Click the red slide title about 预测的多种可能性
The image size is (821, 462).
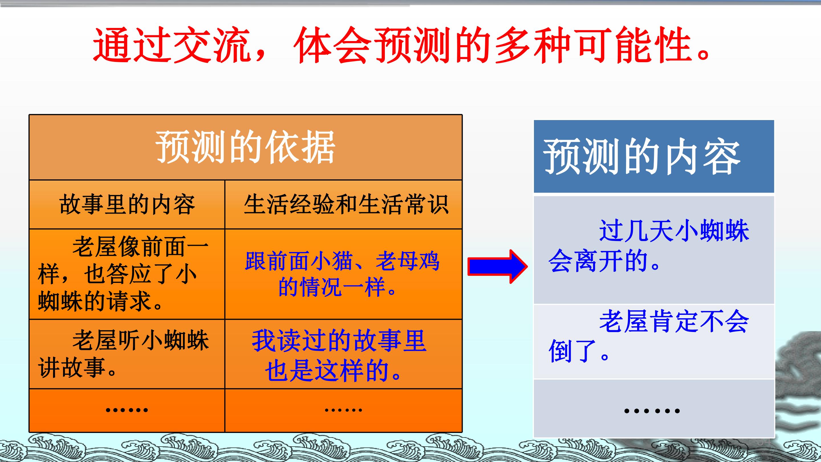pyautogui.click(x=402, y=45)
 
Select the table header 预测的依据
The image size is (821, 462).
pyautogui.click(x=245, y=148)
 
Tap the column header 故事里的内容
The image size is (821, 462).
pyautogui.click(x=127, y=204)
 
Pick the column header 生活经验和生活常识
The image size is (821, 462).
pyautogui.click(x=346, y=204)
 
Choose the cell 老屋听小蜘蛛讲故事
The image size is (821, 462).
pyautogui.click(x=123, y=354)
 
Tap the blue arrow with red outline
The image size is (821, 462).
pyautogui.click(x=497, y=267)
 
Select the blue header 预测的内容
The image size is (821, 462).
pyautogui.click(x=642, y=157)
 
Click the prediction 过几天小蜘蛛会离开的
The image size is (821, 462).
pyautogui.click(x=649, y=246)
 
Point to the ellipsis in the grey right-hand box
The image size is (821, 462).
pyautogui.click(x=652, y=411)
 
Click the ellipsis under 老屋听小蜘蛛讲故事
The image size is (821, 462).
pyautogui.click(x=127, y=410)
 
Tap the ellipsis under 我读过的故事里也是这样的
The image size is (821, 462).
pyautogui.click(x=343, y=410)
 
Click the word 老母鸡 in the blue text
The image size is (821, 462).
pyautogui.click(x=408, y=262)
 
